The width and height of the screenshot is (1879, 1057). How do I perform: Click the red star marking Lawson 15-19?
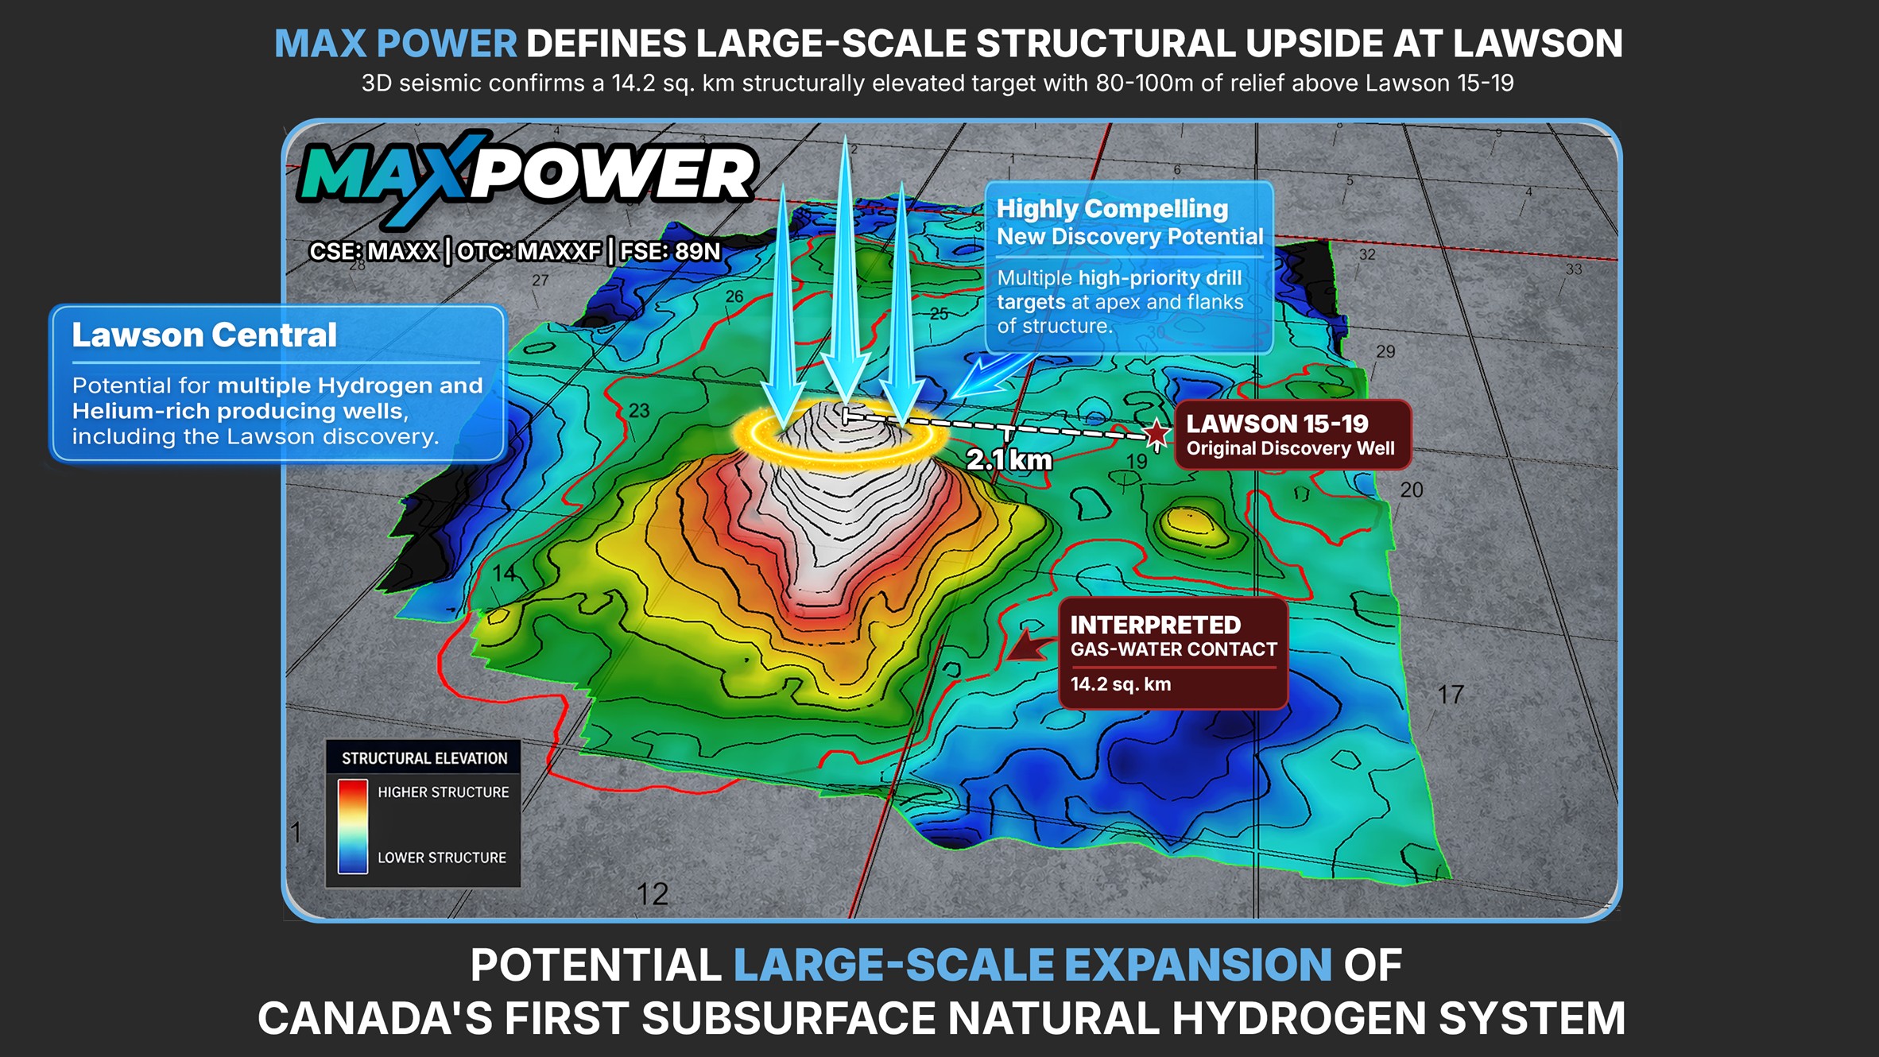click(x=1156, y=434)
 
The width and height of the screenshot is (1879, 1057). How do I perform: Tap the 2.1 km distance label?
click(x=1009, y=459)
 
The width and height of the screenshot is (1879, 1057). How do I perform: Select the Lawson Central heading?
click(x=204, y=335)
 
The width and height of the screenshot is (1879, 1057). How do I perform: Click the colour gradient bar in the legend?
click(x=352, y=826)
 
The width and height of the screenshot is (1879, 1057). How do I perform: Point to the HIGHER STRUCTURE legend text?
click(x=443, y=792)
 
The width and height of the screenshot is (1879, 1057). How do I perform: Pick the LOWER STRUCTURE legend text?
click(x=441, y=858)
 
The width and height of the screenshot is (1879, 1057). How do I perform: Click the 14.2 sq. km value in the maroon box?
click(x=1120, y=684)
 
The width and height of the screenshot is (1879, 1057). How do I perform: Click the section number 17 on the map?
click(x=1451, y=695)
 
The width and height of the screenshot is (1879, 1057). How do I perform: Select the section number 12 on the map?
click(x=653, y=895)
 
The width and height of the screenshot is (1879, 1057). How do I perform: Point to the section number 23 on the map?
click(x=639, y=410)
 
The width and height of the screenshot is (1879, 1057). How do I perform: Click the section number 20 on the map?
click(x=1412, y=490)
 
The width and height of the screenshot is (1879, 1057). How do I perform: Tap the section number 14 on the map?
click(x=504, y=573)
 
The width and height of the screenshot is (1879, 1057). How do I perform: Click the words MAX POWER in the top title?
click(x=396, y=44)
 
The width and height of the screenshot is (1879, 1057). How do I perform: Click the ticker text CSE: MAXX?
click(x=374, y=252)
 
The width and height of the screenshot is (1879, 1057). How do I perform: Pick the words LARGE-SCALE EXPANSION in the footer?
click(x=1032, y=965)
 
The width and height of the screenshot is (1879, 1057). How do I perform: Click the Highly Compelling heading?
click(x=1112, y=209)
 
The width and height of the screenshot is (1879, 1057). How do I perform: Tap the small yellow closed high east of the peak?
click(x=1190, y=522)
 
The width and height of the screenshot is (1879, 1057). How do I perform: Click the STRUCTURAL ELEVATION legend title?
click(x=424, y=758)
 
